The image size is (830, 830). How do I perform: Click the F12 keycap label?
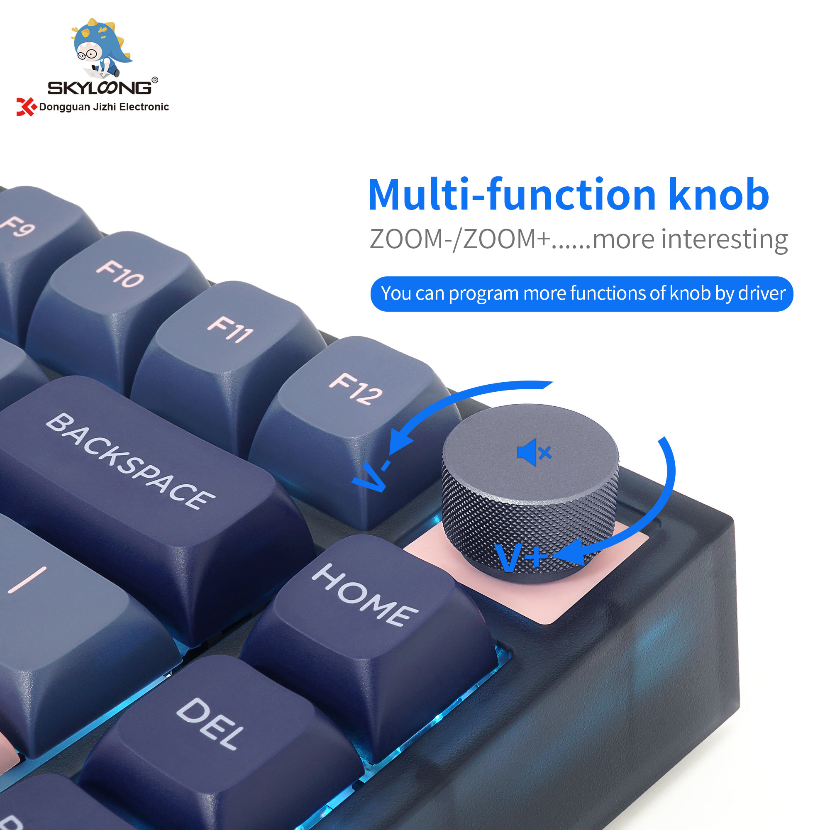[356, 389]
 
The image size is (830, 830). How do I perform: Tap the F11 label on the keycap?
[230, 330]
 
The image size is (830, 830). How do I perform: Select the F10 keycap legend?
[120, 273]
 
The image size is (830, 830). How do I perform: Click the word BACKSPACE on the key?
[130, 461]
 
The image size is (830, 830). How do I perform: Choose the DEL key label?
[210, 724]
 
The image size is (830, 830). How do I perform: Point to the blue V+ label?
[521, 557]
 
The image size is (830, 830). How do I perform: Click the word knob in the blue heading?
[718, 195]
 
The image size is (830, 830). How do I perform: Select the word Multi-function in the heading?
[511, 195]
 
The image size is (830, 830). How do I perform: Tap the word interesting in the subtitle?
[724, 239]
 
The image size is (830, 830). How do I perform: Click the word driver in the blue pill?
[761, 293]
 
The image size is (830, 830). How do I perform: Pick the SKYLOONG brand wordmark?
[99, 88]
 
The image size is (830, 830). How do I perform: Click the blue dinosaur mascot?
[100, 46]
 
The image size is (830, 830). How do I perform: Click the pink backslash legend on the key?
[27, 580]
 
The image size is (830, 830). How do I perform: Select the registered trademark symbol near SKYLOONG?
[155, 80]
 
